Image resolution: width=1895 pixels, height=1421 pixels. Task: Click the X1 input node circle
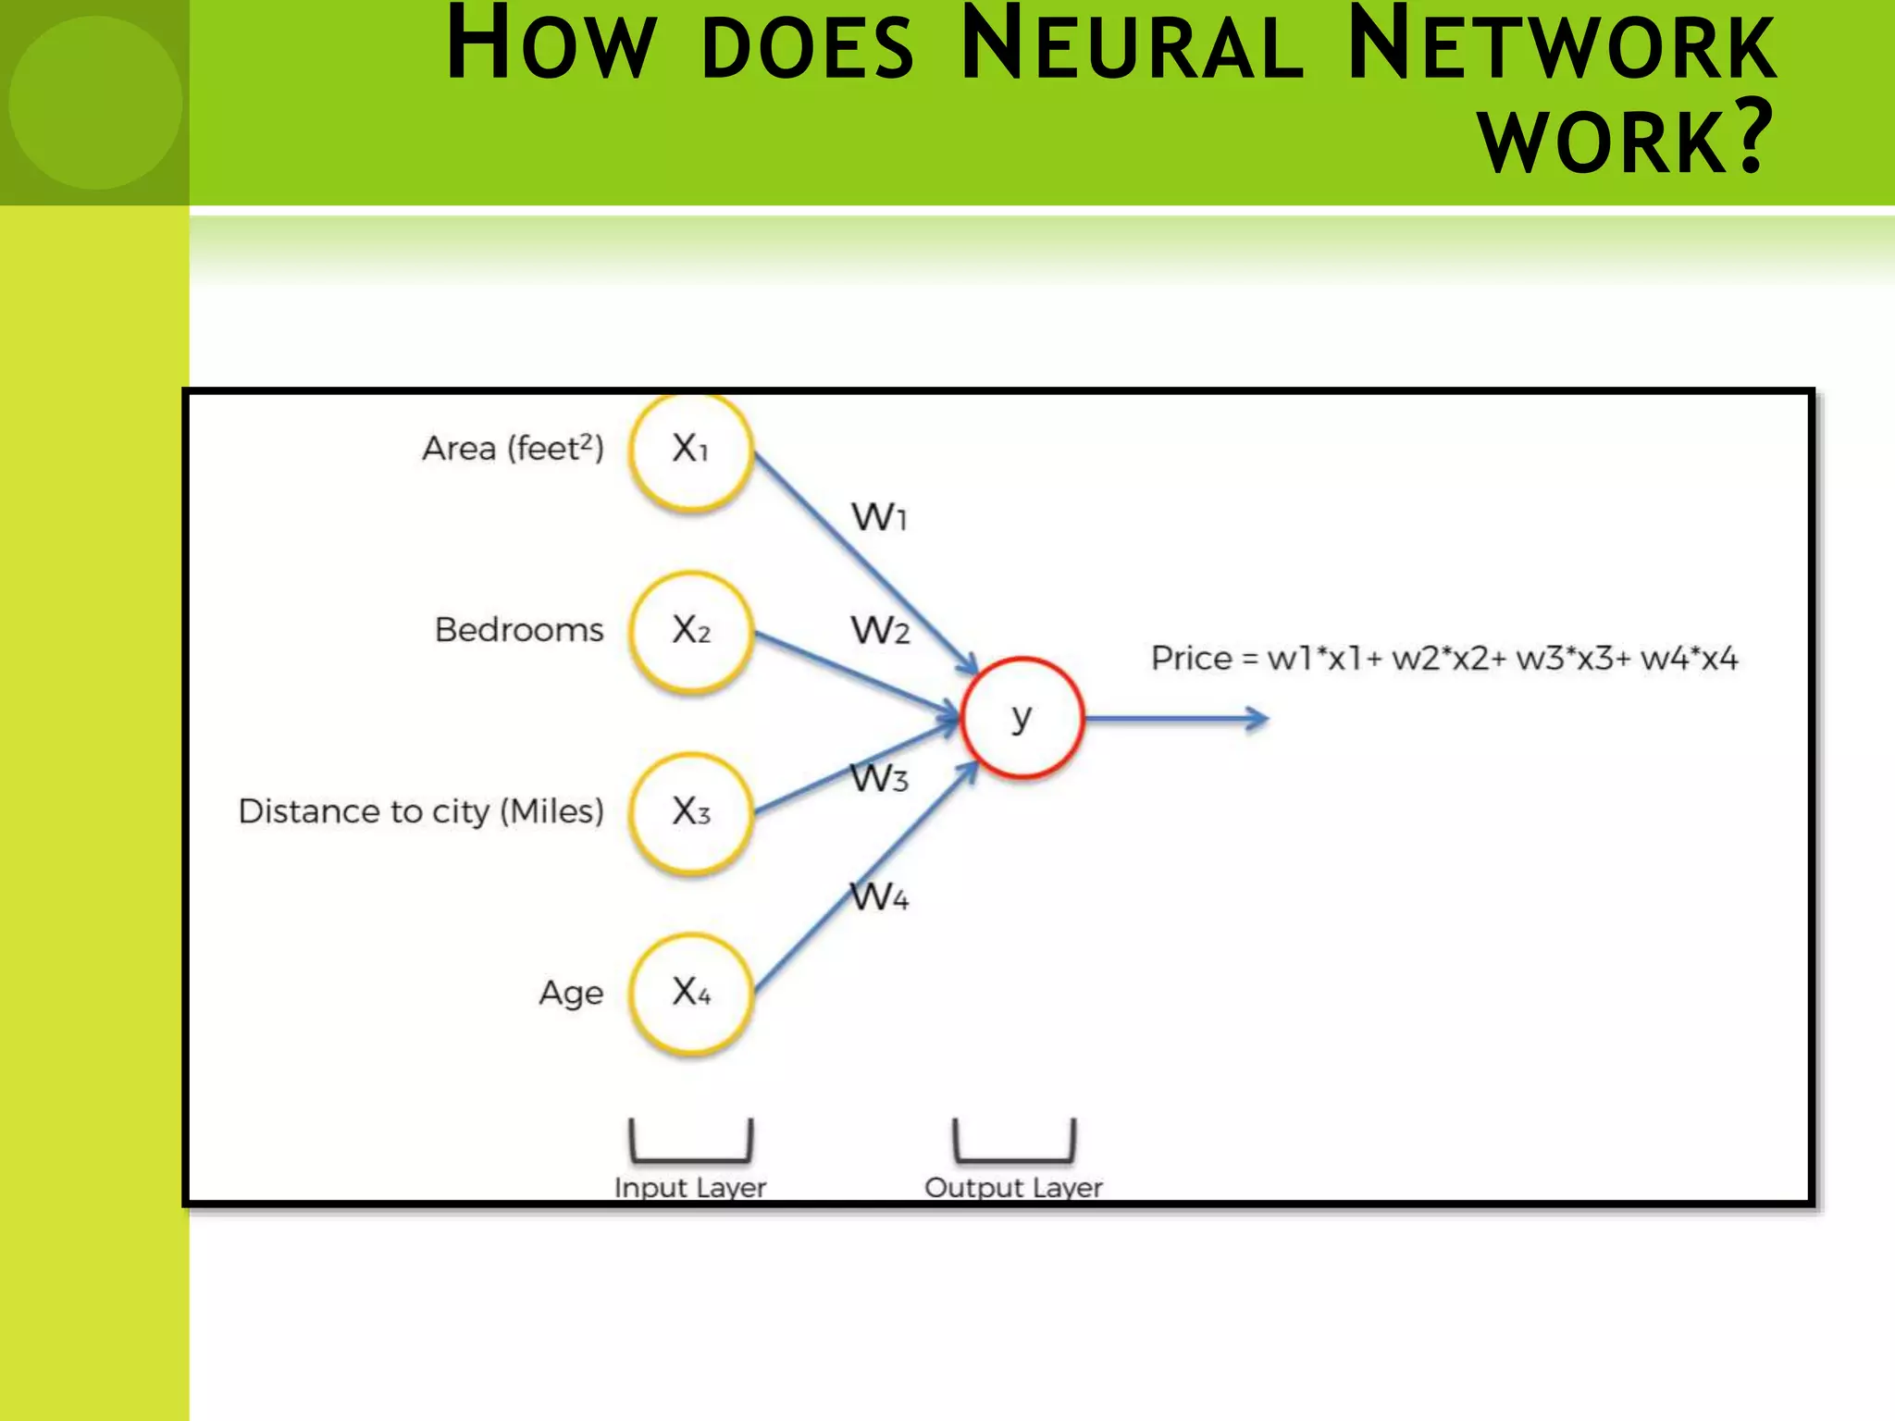click(690, 451)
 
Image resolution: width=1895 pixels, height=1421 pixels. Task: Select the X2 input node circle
click(690, 632)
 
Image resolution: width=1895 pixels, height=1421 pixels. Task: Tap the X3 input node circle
click(690, 812)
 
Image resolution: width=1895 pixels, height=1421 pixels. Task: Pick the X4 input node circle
click(690, 994)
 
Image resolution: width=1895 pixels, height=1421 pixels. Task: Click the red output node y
click(1022, 718)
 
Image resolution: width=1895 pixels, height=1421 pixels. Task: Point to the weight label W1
click(878, 517)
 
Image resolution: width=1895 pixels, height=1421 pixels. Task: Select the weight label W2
click(879, 631)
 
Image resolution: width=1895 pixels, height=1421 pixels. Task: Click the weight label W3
click(879, 778)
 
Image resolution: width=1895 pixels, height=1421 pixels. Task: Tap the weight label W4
click(879, 896)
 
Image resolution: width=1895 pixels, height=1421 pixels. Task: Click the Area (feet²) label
click(513, 449)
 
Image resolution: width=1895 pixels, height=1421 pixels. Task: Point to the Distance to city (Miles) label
click(421, 812)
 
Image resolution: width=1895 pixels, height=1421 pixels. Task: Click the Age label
click(571, 994)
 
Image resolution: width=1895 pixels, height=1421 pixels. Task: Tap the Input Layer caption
click(690, 1187)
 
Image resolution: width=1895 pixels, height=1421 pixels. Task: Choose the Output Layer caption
click(1013, 1187)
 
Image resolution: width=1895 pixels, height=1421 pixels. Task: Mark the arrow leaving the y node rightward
click(1175, 719)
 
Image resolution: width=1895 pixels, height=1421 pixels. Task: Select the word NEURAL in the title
click(1132, 46)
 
